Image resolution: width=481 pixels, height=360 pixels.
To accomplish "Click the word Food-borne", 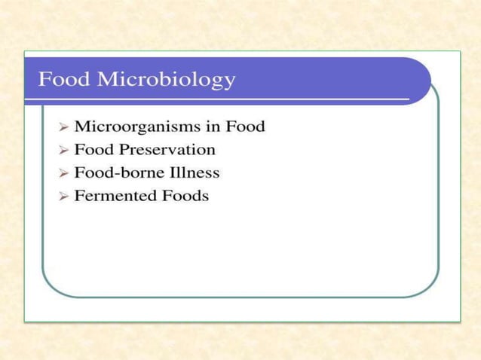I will click(112, 172).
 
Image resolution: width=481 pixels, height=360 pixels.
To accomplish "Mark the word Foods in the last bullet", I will click(184, 196).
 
